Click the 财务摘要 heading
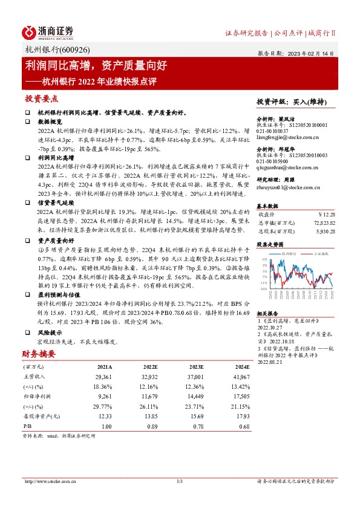39,353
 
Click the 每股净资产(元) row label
41,416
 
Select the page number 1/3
179,481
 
